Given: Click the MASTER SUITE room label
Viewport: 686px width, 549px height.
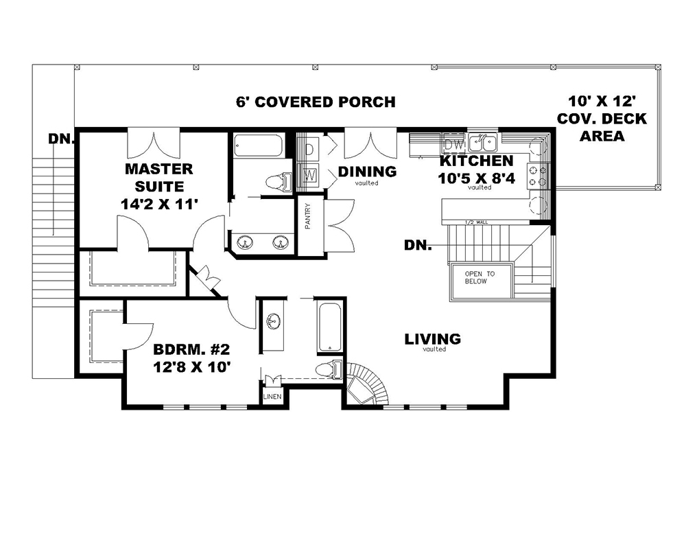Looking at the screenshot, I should point(158,186).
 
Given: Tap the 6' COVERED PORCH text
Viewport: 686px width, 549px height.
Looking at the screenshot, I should point(316,102).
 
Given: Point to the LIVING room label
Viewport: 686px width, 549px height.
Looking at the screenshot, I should point(432,339).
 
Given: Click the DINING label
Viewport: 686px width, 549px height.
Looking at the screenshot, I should point(368,172).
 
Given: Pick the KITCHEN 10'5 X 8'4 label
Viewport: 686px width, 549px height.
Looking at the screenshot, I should point(475,170).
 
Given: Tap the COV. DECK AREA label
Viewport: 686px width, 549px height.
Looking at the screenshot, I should point(602,118).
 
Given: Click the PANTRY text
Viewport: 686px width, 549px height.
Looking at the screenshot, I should point(309,217).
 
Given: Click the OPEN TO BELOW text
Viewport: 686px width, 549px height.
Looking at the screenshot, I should point(480,277).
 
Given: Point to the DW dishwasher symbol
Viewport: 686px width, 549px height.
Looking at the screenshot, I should point(453,145).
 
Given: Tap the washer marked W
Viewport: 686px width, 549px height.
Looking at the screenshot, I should point(309,174).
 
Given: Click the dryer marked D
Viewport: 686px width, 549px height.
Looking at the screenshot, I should point(309,148).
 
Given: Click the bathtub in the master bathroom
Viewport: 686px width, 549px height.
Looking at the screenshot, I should point(258,147).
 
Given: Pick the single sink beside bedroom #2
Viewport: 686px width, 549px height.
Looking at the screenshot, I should point(273,321).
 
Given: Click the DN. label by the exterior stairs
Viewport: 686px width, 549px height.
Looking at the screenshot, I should point(61,139).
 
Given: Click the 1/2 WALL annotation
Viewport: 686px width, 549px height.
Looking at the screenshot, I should point(475,222).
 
